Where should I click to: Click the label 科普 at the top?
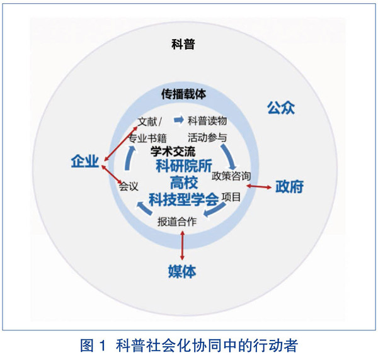183,45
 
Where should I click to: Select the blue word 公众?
280,106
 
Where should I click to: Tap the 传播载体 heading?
183,94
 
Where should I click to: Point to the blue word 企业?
85,162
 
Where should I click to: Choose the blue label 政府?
290,187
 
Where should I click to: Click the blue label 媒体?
182,272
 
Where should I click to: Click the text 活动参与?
207,137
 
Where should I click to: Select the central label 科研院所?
183,167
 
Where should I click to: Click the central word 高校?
183,183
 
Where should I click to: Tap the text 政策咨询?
231,174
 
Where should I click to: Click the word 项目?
231,197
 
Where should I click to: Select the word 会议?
128,187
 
